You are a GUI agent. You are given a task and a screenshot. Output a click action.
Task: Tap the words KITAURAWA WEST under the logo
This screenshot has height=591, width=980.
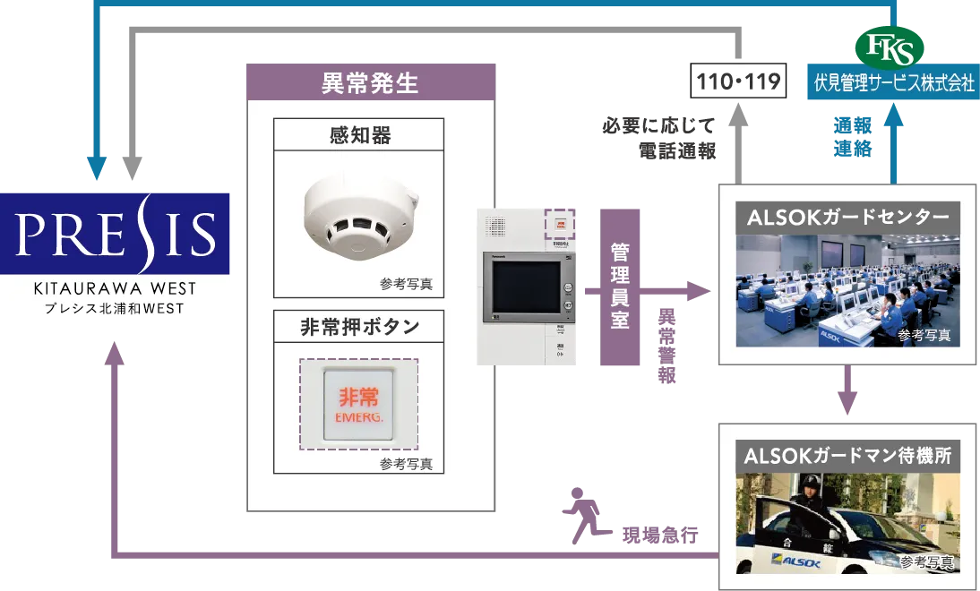click(x=117, y=290)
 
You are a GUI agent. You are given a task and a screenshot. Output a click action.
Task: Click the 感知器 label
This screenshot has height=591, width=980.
click(x=359, y=135)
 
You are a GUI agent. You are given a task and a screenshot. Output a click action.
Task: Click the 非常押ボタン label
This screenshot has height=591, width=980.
click(x=359, y=327)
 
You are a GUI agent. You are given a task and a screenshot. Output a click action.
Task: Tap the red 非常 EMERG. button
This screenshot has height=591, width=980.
click(x=359, y=405)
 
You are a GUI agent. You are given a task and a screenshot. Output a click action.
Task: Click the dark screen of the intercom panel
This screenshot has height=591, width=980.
click(x=520, y=288)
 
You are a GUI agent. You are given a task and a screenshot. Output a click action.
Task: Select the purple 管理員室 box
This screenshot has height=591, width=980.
click(x=619, y=289)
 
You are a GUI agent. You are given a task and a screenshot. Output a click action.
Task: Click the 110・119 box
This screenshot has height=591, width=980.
click(x=736, y=81)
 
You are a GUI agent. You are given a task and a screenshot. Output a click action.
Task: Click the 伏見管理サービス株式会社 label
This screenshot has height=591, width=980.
click(x=893, y=83)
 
